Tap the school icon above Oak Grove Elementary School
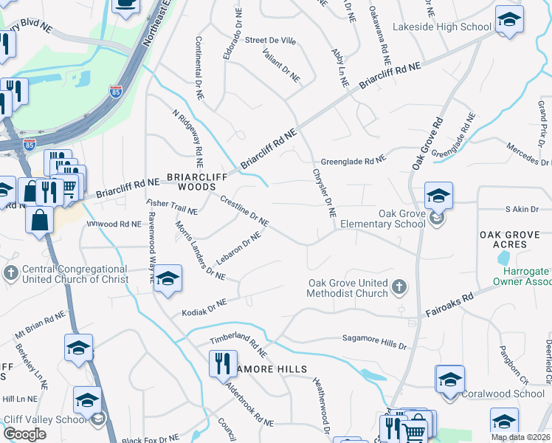(x=438, y=196)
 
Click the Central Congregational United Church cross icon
(x=10, y=274)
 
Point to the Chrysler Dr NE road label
(x=324, y=192)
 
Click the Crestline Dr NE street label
(x=244, y=210)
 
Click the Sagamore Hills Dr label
(x=374, y=340)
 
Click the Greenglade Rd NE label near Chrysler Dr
(x=353, y=161)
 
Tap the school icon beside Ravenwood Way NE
(x=168, y=278)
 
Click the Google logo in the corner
(x=24, y=434)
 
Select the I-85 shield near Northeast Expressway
(x=115, y=92)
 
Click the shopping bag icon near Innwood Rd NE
(x=38, y=219)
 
